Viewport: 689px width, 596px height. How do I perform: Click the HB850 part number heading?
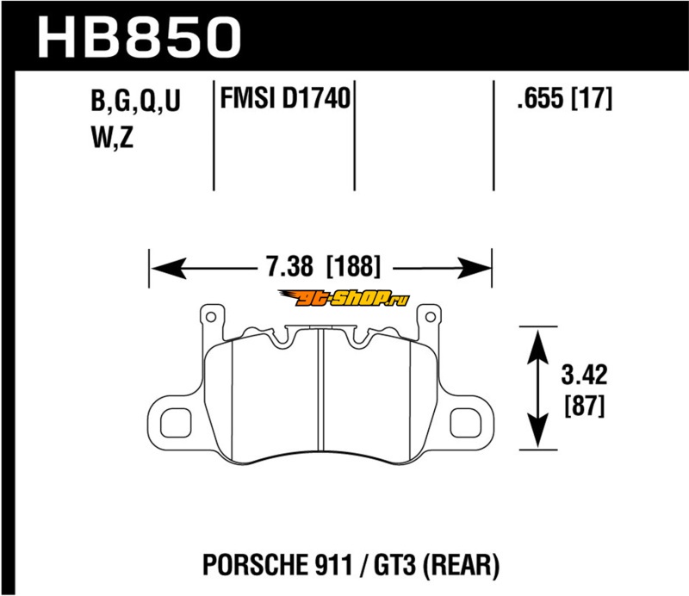click(140, 37)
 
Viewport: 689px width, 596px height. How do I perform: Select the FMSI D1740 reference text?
click(285, 98)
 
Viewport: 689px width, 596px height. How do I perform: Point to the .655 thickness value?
click(541, 98)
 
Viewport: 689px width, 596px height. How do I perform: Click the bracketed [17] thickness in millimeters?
click(591, 98)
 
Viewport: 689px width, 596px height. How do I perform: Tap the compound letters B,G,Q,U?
click(136, 101)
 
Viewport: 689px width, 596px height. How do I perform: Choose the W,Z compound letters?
click(113, 138)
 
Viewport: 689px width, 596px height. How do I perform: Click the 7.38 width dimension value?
click(290, 266)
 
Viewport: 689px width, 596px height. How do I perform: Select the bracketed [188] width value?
click(354, 266)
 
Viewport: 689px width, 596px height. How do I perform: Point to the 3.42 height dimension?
click(584, 375)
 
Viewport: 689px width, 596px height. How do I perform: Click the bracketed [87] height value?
click(585, 406)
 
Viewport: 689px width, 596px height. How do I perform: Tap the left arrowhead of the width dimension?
click(168, 268)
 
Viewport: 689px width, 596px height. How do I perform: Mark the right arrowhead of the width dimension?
click(474, 268)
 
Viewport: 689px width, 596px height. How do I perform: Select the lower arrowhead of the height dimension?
click(537, 430)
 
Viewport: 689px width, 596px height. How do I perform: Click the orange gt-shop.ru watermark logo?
click(344, 299)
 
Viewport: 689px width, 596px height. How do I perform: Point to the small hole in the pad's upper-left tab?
click(210, 317)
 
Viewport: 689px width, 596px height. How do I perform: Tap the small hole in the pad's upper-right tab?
click(430, 317)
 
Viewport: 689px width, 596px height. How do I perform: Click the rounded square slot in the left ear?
click(176, 423)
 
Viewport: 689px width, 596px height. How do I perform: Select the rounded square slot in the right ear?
click(465, 423)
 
